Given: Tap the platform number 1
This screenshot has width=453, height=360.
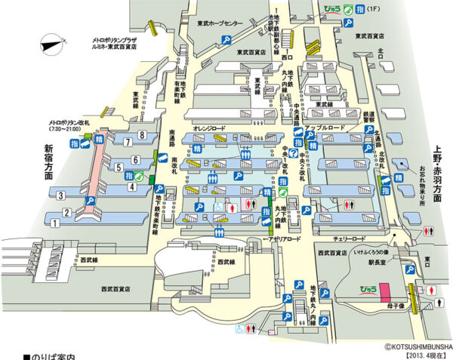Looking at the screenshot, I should point(66,213).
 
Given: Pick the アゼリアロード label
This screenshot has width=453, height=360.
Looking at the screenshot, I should point(283,238).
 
